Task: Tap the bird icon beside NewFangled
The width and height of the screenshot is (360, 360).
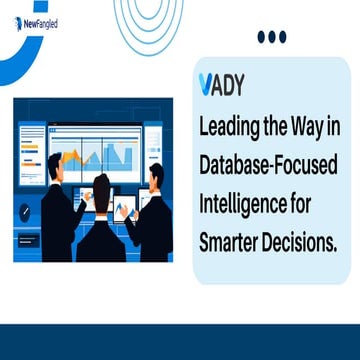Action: click(20, 22)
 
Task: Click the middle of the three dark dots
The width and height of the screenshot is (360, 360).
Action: click(271, 37)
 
